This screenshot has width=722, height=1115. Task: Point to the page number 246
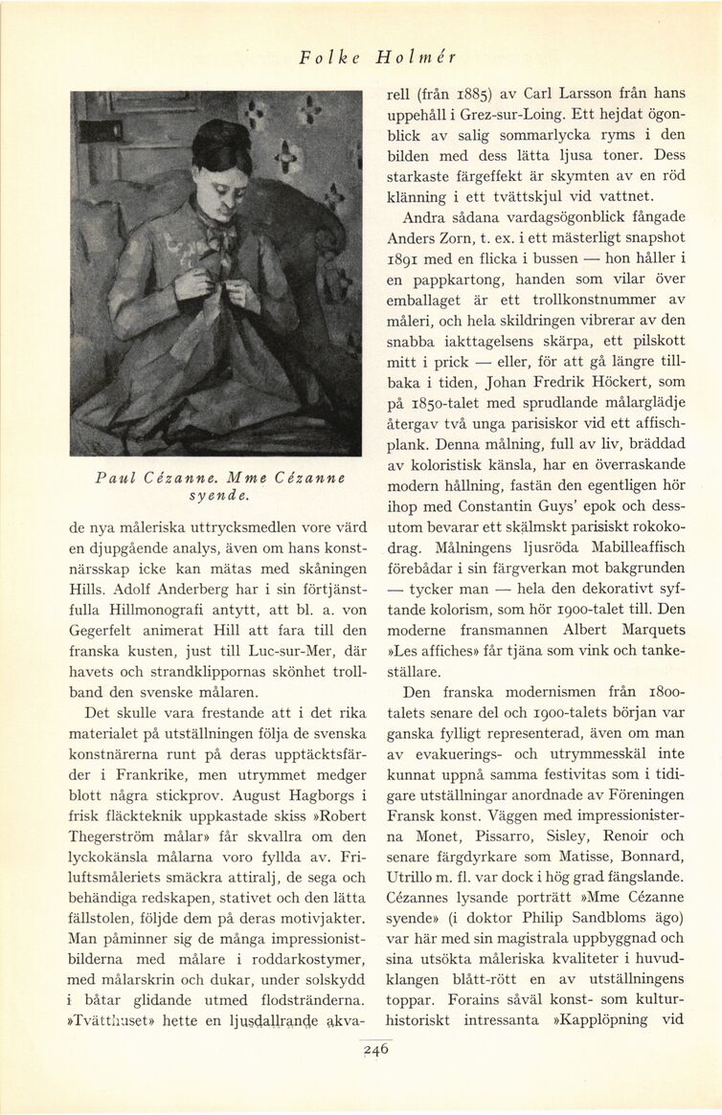pyautogui.click(x=376, y=1048)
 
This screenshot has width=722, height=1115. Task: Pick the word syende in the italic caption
pyautogui.click(x=216, y=496)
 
